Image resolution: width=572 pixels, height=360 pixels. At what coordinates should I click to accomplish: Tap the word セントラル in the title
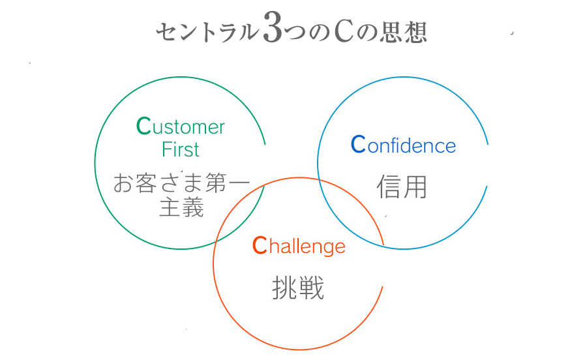coord(206,33)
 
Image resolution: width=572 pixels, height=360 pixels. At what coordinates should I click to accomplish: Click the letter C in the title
coord(343,32)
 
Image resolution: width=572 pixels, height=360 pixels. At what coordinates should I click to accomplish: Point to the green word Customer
coord(181,127)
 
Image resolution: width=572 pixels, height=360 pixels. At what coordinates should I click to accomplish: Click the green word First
coord(181,150)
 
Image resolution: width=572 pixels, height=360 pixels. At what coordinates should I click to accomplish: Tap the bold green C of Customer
coord(143,126)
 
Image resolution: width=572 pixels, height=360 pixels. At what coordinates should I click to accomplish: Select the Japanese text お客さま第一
coord(181,183)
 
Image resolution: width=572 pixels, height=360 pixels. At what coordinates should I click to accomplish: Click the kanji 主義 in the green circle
coord(181,207)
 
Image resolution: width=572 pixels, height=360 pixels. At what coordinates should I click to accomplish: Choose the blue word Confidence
coord(403,145)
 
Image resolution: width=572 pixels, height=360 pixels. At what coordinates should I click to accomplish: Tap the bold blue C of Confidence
coord(358,144)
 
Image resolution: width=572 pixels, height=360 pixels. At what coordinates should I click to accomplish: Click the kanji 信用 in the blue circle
coord(402,187)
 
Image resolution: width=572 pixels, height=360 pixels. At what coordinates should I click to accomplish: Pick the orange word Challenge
coord(298,246)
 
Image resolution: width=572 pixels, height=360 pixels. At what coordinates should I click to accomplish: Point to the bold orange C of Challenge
coord(260,245)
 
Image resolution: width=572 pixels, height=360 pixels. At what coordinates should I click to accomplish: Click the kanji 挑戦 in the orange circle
coord(297,288)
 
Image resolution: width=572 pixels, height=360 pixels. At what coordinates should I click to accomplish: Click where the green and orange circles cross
coord(263,186)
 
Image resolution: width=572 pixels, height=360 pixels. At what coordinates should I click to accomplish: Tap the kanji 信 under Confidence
coord(389,187)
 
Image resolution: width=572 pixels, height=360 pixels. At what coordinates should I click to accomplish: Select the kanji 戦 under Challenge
coord(311,288)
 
